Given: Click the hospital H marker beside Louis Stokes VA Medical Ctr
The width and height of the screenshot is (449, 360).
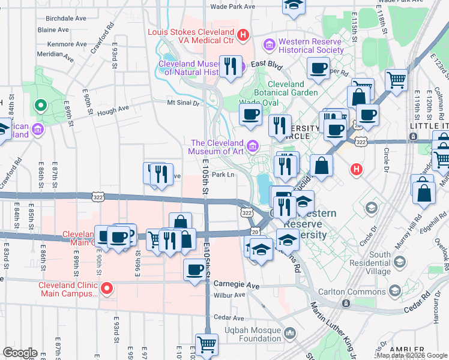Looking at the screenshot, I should pyautogui.click(x=243, y=35).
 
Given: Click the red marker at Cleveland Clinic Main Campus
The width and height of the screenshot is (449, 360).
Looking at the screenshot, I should pyautogui.click(x=106, y=289).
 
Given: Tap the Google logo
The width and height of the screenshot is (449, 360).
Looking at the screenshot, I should pyautogui.click(x=20, y=353).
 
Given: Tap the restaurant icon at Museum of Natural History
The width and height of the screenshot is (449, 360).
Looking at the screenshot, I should pyautogui.click(x=231, y=66).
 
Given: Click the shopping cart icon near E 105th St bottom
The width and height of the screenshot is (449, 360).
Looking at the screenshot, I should pyautogui.click(x=206, y=345).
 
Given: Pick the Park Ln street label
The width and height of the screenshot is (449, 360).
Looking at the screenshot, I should pyautogui.click(x=222, y=175).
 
